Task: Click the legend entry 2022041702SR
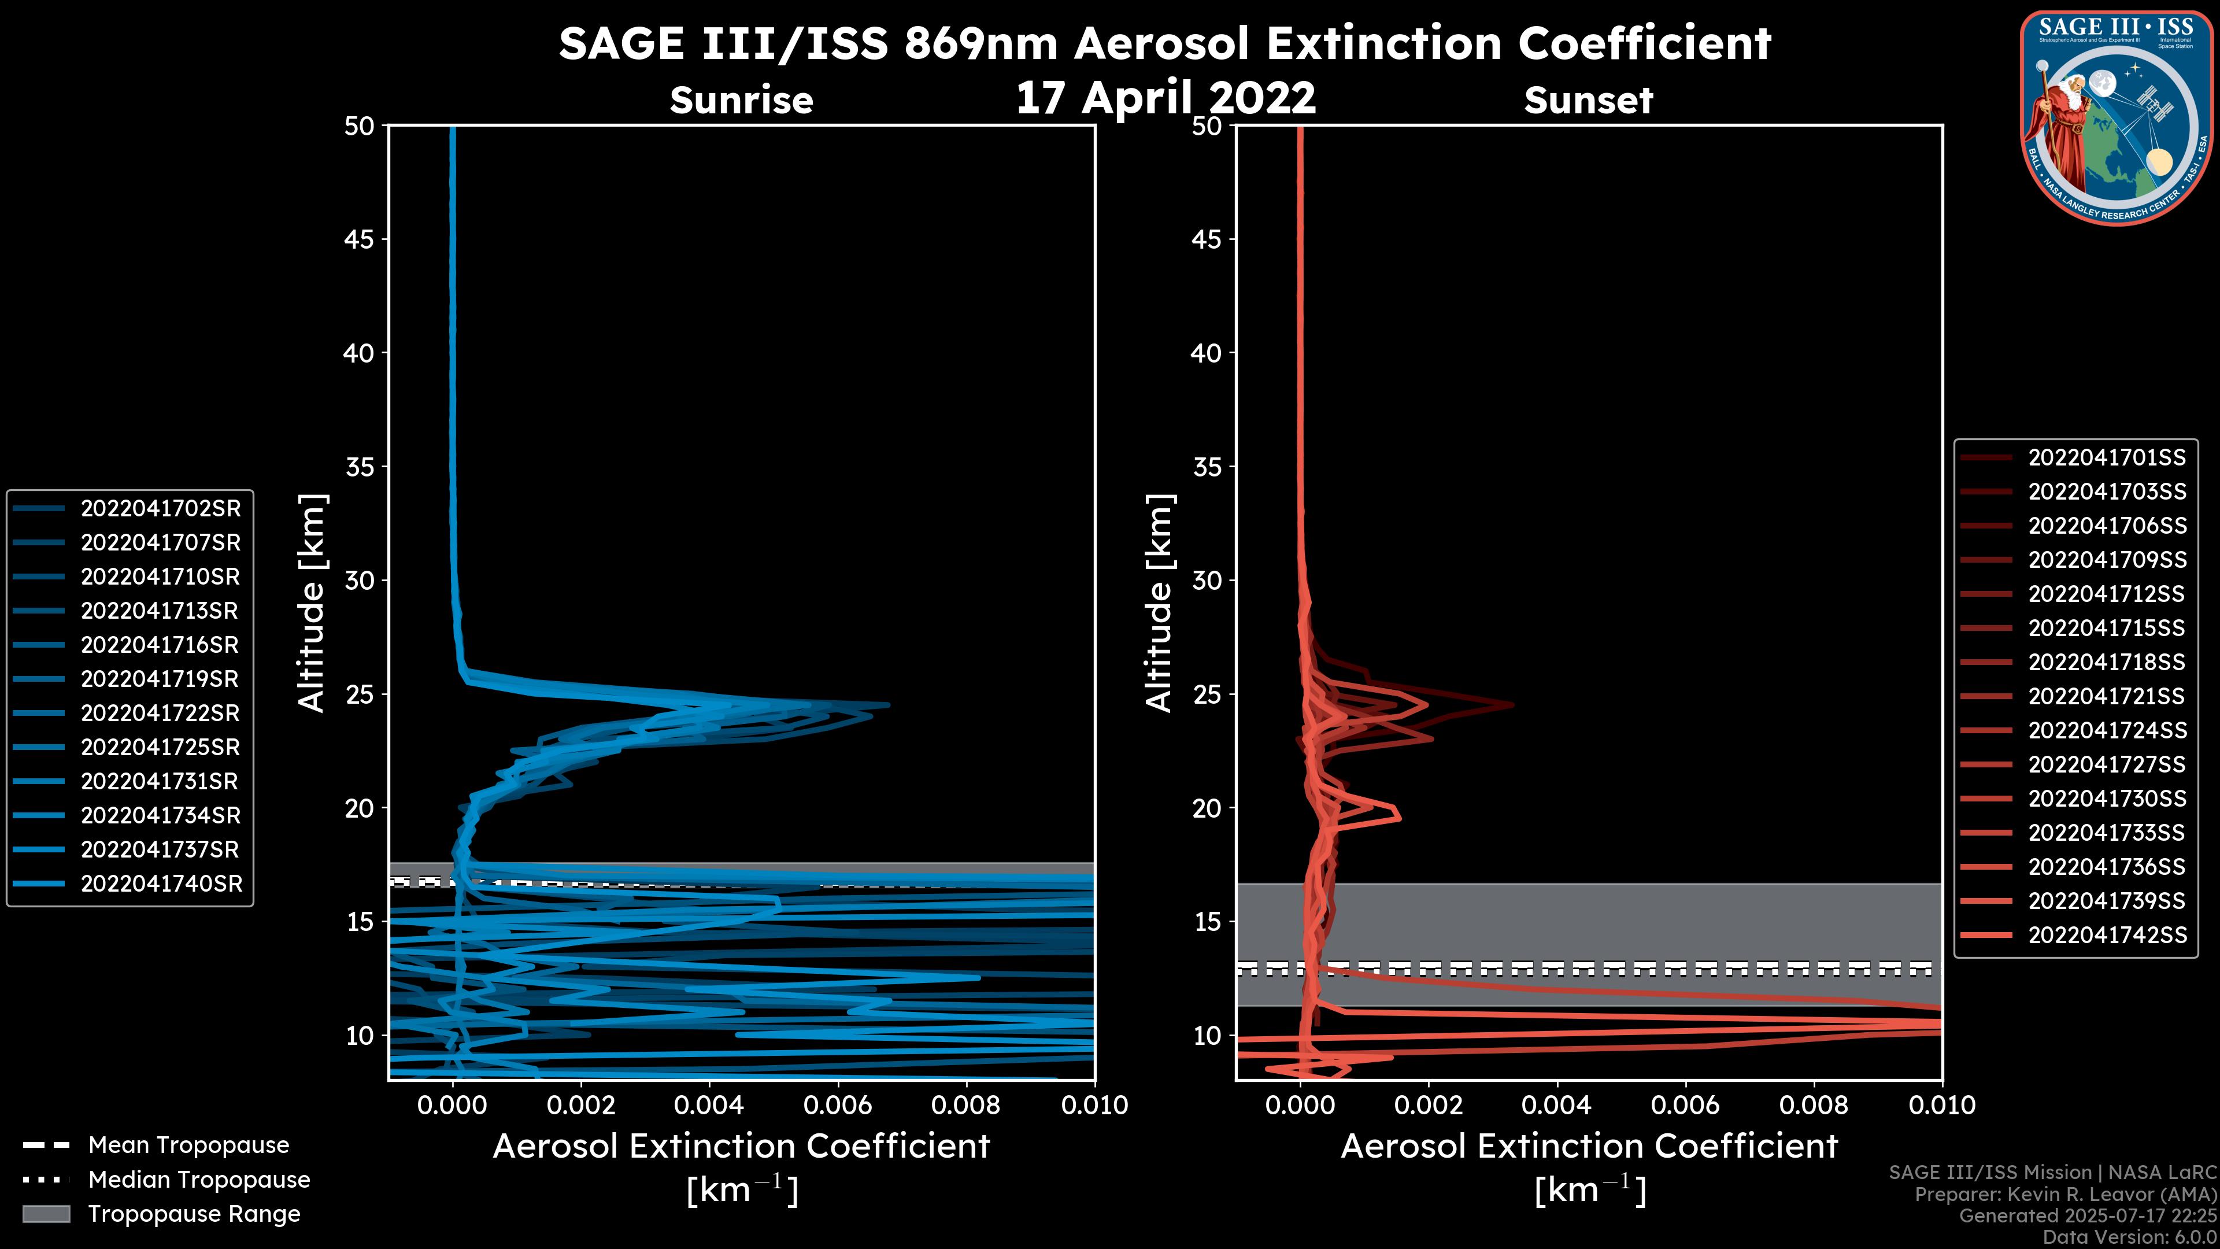[160, 509]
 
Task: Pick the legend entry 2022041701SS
[2106, 458]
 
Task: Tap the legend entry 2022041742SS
[2106, 935]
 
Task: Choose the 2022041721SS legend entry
[2106, 696]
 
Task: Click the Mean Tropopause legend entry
[188, 1145]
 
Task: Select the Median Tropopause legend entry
[198, 1180]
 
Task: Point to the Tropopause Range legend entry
[194, 1214]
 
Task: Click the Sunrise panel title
[741, 100]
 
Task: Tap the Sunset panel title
[1588, 100]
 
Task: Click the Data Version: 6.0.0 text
[2130, 1238]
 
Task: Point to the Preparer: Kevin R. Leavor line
[2065, 1195]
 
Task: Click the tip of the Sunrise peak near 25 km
[887, 705]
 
